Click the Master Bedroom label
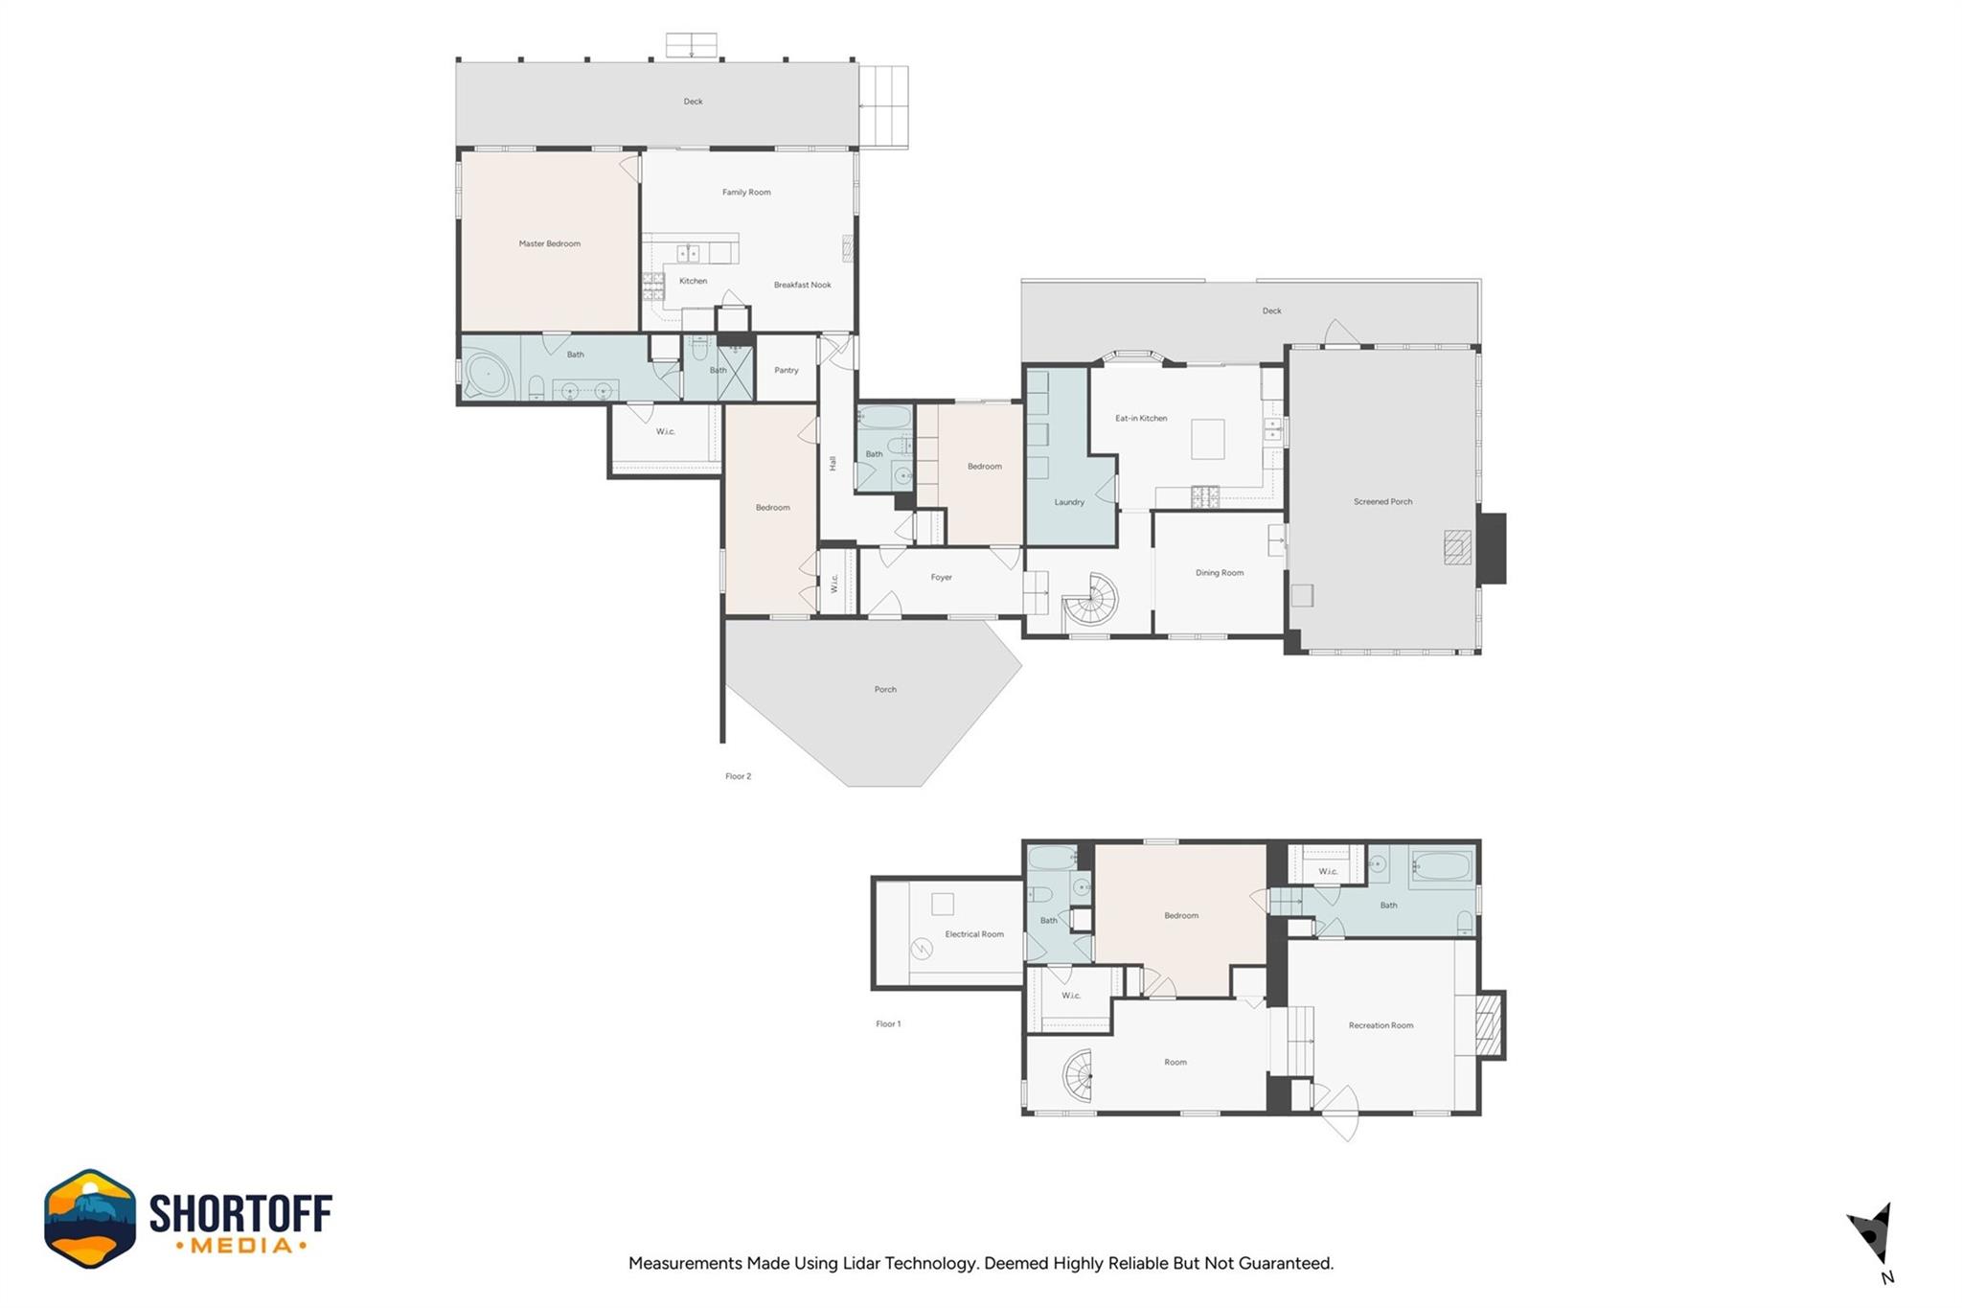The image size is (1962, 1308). coord(549,243)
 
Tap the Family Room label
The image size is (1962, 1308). coord(746,193)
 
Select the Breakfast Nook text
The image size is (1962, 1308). coord(803,285)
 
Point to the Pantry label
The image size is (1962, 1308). coord(787,370)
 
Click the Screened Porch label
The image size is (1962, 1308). coord(1382,501)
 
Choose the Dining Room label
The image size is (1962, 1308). coord(1220,573)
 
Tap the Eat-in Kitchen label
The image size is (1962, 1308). coord(1141,418)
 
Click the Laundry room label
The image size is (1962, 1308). coord(1069,502)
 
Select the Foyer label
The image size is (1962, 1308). coord(941,577)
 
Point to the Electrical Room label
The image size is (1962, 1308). coord(974,934)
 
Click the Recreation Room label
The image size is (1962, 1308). coord(1380,1025)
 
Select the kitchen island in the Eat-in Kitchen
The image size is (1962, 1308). coord(1207,439)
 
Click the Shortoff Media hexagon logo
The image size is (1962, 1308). coord(90,1218)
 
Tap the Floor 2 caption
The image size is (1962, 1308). coord(738,776)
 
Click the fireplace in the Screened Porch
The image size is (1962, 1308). coord(1457,547)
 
